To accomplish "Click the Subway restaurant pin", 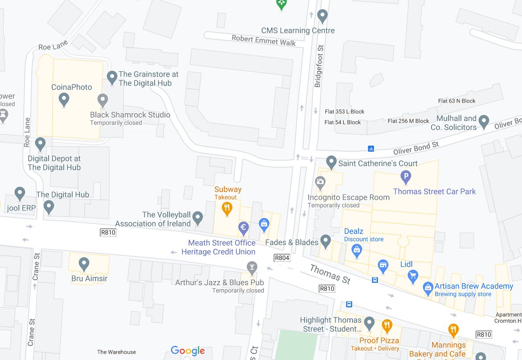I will tap(227, 208).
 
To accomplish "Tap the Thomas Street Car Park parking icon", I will tap(406, 177).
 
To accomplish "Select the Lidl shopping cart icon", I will tap(413, 276).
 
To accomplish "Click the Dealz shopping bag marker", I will tap(357, 251).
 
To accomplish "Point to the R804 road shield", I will tap(282, 258).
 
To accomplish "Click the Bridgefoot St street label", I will tap(319, 66).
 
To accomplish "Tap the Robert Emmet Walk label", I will tap(263, 41).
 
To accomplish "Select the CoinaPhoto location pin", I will tap(64, 99).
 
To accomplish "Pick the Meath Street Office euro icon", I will tap(243, 228).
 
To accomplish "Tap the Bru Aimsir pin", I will tap(84, 264).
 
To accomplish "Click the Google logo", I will tap(188, 351).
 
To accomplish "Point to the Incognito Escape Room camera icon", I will tap(320, 182).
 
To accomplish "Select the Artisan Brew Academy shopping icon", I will tap(428, 288).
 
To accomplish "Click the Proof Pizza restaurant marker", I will tap(387, 325).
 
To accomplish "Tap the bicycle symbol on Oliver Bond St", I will tap(371, 149).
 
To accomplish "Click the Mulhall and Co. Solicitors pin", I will tap(484, 120).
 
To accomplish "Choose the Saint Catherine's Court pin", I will tap(331, 161).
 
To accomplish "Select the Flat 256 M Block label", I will tap(408, 121).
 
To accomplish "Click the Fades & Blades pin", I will tap(326, 241).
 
